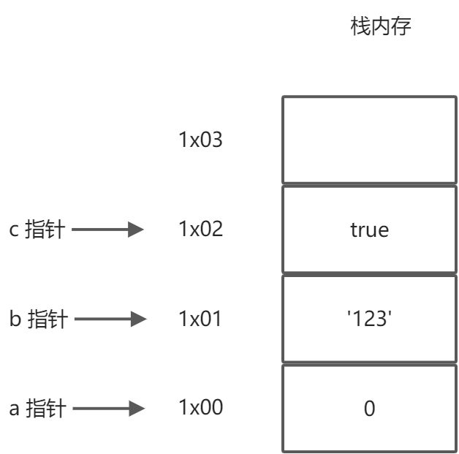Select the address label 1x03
[200, 140]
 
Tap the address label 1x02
[200, 229]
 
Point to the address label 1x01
[200, 319]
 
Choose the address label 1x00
[200, 408]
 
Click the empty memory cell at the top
[369, 140]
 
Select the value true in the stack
[369, 230]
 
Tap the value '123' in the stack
[369, 319]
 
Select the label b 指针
[37, 319]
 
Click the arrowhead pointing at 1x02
[136, 230]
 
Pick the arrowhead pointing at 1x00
[136, 408]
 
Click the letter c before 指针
[13, 232]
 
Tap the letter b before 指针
[14, 319]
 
